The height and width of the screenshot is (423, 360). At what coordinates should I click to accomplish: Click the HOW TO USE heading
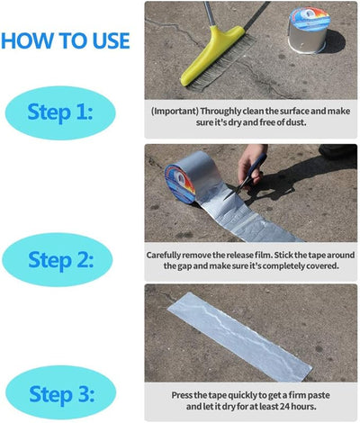click(x=65, y=40)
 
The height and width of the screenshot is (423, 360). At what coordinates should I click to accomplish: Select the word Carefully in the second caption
click(x=168, y=255)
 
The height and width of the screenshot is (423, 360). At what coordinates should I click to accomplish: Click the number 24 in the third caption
click(x=285, y=406)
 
